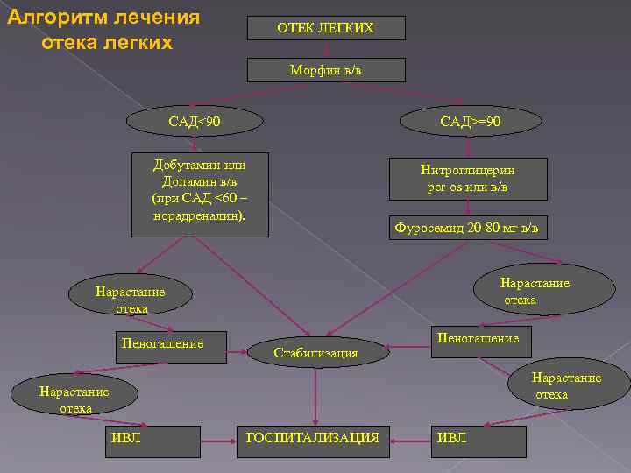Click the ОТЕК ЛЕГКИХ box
325,28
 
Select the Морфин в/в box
325,70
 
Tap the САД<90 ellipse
195,119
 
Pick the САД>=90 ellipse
471,119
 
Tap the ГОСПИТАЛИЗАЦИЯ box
313,436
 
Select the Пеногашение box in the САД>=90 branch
478,338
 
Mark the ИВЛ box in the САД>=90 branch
452,436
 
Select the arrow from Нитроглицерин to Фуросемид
467,208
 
